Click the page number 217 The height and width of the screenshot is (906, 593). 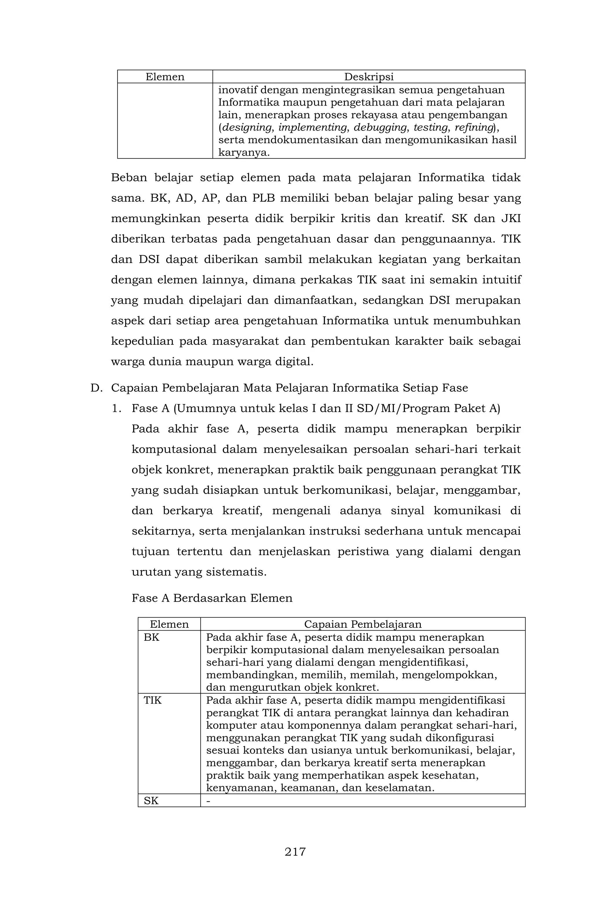point(295,851)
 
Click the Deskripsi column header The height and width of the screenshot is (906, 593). point(369,77)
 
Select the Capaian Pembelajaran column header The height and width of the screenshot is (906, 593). point(363,624)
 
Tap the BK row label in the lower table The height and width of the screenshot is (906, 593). point(151,637)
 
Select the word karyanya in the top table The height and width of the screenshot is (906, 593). point(244,153)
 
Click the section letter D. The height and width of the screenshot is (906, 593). point(96,388)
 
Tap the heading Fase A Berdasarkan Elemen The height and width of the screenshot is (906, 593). point(212,598)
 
